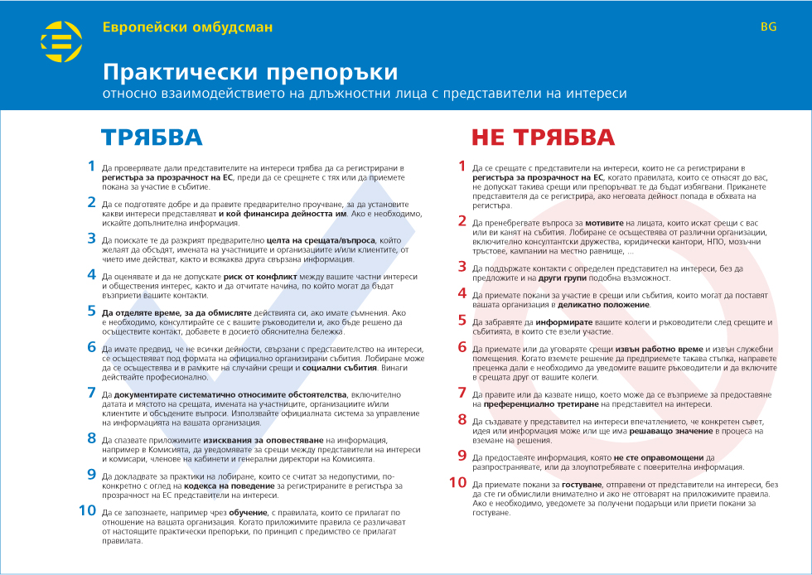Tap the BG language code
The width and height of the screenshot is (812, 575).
(768, 27)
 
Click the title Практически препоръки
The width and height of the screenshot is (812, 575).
(249, 71)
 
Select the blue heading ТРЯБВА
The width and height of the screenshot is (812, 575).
(152, 138)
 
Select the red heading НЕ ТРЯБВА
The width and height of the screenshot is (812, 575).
(543, 138)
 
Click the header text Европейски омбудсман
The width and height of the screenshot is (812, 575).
(187, 27)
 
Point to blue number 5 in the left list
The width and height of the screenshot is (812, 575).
(92, 312)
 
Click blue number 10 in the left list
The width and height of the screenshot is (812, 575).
(88, 510)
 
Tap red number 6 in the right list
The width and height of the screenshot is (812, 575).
(463, 347)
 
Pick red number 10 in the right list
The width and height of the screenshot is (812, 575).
(458, 482)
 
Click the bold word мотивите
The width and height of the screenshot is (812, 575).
(609, 224)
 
